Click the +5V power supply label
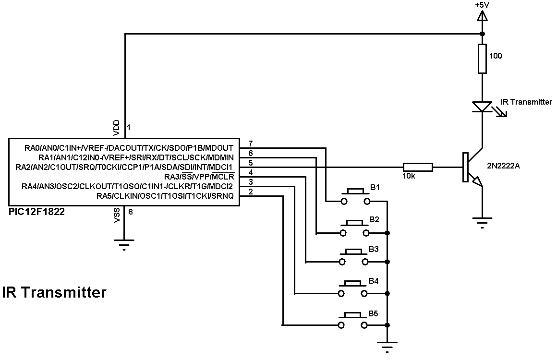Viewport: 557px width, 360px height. pos(482,5)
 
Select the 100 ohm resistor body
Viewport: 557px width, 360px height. pos(482,59)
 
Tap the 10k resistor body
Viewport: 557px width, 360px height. pos(418,167)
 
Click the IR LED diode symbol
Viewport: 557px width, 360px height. pos(482,107)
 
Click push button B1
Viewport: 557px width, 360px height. pos(355,196)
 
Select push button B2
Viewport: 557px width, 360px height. pos(355,228)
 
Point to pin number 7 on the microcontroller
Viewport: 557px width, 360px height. pos(250,144)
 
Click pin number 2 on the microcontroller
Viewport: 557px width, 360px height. pos(250,192)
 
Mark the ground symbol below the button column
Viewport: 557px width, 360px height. pos(387,344)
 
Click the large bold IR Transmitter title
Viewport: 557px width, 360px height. pos(54,292)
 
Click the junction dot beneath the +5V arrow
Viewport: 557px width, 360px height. pos(482,34)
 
